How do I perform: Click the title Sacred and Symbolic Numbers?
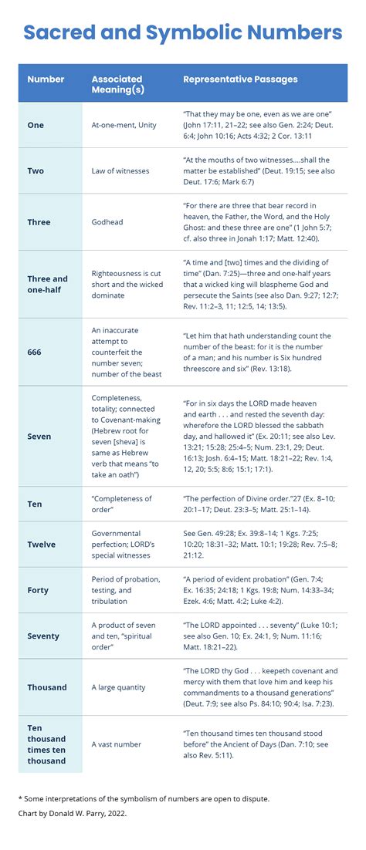183,32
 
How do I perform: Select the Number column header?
46,79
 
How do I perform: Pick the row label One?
36,125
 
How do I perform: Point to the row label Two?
36,170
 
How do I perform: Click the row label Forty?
38,590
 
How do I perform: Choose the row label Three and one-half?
48,284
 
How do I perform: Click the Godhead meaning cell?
109,222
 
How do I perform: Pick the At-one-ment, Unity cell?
124,125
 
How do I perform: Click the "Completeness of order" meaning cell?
121,504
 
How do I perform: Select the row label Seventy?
43,636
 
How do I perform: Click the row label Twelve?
42,544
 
